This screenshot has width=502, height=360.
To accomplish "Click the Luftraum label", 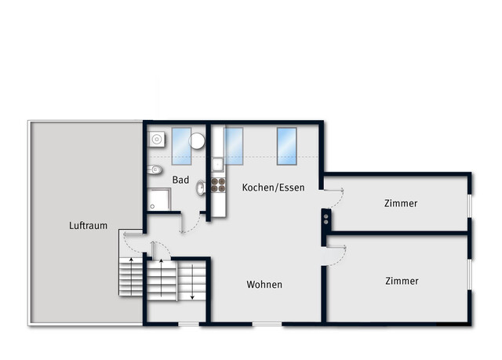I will pos(88,225).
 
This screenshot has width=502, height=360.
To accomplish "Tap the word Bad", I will pos(181,180).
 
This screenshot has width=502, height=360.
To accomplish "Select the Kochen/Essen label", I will pos(273,187).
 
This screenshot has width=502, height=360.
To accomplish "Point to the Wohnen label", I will pos(264,285).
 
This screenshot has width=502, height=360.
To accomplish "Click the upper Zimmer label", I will pos(401,203).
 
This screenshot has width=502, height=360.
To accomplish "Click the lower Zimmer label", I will pos(402,281).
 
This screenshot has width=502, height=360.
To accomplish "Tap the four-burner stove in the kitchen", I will pos(218,186).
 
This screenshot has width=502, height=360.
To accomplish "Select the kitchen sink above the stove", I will pos(217,165).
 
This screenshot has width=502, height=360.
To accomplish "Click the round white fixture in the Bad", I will pos(197,142).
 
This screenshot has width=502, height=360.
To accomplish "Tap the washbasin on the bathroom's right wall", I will pos(202,187).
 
